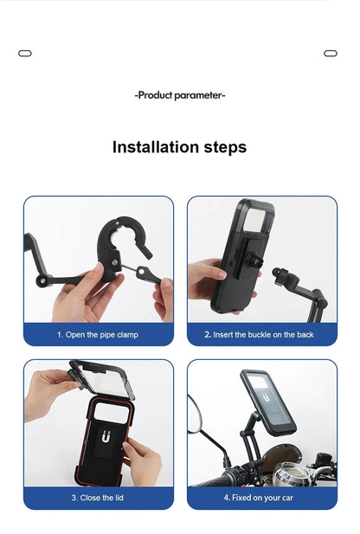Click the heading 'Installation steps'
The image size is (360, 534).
pyautogui.click(x=179, y=147)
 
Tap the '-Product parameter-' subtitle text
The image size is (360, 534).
pyautogui.click(x=180, y=95)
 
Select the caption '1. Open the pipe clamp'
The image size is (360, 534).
pyautogui.click(x=98, y=334)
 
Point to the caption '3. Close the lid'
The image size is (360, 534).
pyautogui.click(x=98, y=498)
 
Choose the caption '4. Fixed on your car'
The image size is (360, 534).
pyautogui.click(x=262, y=498)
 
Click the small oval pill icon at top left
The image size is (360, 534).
pyautogui.click(x=25, y=54)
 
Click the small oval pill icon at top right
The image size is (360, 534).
pyautogui.click(x=331, y=54)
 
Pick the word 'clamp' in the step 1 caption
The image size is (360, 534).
pyautogui.click(x=126, y=334)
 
